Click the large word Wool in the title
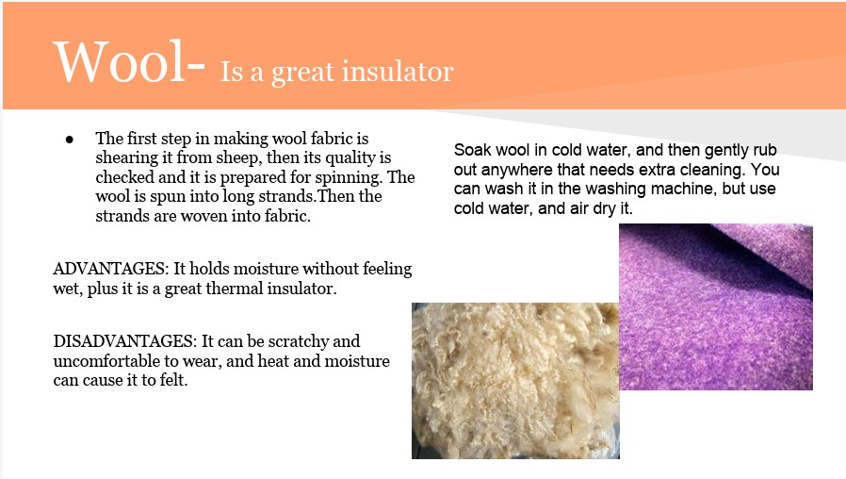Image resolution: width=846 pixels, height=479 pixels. [x=121, y=61]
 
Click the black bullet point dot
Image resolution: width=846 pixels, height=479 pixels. [x=69, y=140]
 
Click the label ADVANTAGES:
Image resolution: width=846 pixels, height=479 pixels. [x=110, y=269]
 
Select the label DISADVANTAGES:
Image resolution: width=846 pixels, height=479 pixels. [x=125, y=341]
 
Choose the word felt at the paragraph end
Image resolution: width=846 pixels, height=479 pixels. [x=173, y=380]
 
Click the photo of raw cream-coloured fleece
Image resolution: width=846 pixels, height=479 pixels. [x=515, y=381]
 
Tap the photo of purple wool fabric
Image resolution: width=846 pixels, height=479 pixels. [x=715, y=306]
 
